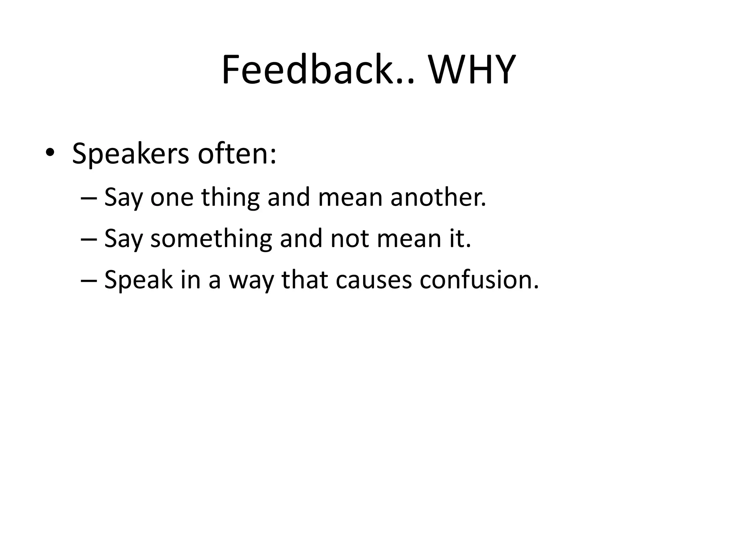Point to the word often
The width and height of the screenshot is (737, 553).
click(x=237, y=154)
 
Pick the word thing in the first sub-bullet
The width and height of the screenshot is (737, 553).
click(x=230, y=198)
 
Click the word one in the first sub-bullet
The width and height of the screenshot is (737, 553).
click(x=172, y=198)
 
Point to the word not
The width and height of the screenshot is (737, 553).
click(x=349, y=239)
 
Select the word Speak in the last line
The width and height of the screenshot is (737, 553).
click(x=138, y=280)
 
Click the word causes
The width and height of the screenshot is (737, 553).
click(x=373, y=280)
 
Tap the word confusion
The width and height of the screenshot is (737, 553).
click(x=479, y=280)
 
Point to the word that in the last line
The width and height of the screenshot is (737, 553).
click(x=304, y=280)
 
